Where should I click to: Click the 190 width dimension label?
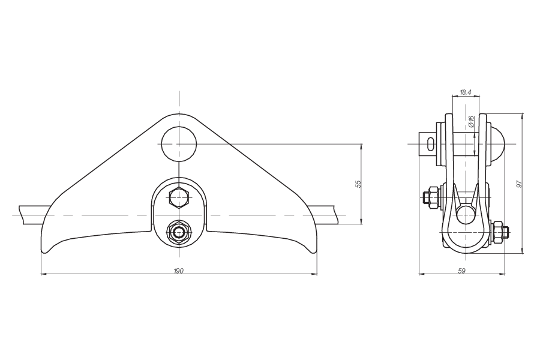(178, 272)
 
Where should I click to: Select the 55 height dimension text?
(358, 184)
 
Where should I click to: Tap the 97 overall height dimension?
(520, 184)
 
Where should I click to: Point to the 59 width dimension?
(462, 272)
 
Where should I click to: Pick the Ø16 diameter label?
(472, 122)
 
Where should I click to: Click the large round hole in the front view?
(179, 143)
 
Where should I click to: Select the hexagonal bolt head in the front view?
(178, 196)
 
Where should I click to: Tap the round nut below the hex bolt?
(178, 231)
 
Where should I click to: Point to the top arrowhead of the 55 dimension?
(361, 146)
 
